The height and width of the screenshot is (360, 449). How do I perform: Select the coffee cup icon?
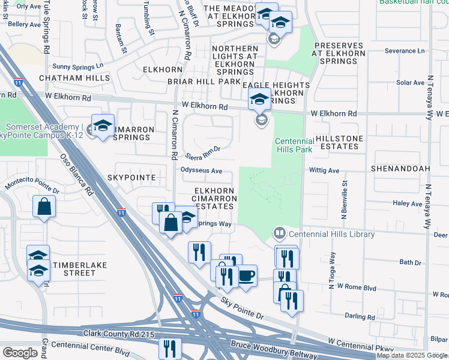coord(246,277)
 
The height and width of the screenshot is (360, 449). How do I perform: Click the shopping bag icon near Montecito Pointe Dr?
coord(45,207)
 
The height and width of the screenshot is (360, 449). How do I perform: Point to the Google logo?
coord(20,353)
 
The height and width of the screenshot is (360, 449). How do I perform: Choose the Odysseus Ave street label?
coord(202,171)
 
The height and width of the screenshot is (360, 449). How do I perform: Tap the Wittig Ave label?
coord(324,170)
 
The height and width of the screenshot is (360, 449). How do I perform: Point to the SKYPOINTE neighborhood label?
coord(131,178)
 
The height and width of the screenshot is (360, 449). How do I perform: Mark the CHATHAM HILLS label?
coord(74,79)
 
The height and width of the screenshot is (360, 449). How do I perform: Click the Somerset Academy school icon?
coord(103,126)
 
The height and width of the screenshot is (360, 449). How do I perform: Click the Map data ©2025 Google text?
coord(412,355)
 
